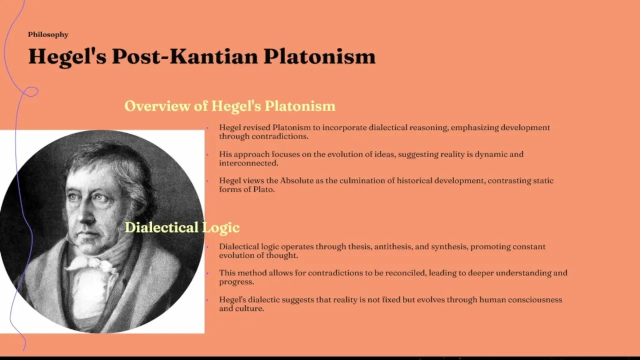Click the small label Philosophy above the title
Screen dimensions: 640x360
click(48, 35)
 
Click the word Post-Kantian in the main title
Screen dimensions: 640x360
click(185, 56)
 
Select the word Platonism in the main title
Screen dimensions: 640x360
click(319, 56)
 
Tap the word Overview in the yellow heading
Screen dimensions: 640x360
click(157, 105)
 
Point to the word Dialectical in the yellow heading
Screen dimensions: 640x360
click(161, 227)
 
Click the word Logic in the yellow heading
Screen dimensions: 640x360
click(221, 228)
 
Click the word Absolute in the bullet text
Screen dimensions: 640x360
click(297, 180)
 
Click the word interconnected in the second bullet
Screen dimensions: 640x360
click(248, 163)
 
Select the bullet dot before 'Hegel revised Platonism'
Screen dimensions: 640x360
click(207, 128)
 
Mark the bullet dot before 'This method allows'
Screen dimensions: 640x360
click(207, 273)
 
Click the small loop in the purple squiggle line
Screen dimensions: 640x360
click(31, 91)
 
